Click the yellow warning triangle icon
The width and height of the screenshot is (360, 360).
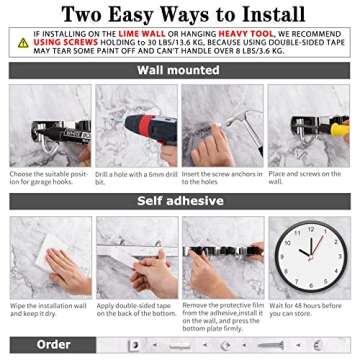point(22,42)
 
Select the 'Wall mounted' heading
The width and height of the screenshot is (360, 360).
point(179,71)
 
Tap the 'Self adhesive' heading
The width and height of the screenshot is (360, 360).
point(179,201)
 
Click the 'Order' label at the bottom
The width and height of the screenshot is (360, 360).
point(52,344)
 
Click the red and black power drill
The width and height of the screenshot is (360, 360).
point(125,130)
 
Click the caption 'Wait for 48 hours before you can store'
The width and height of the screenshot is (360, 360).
point(311,308)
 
